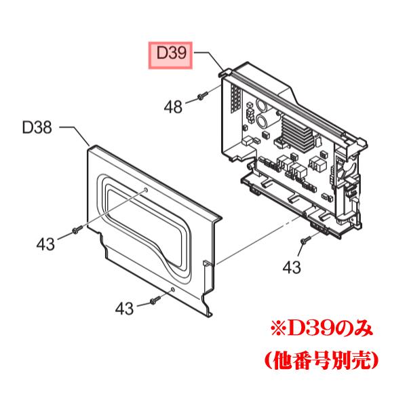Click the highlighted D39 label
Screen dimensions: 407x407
171,52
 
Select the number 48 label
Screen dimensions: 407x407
174,106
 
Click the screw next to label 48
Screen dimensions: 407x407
202,96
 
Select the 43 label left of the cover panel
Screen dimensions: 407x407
46,242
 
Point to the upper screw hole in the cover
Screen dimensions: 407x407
144,191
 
